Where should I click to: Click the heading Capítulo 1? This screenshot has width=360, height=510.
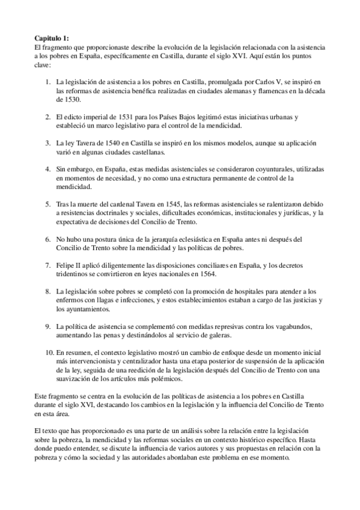click(52, 37)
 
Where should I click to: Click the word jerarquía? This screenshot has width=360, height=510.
click(164, 239)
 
